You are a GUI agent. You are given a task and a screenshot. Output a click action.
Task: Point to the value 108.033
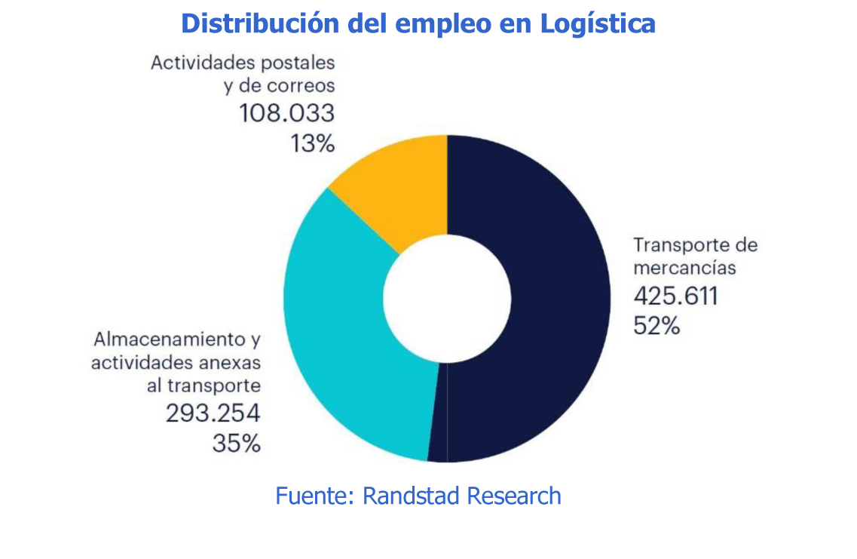pos(286,113)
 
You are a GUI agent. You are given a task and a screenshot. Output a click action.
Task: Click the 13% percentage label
pos(312,143)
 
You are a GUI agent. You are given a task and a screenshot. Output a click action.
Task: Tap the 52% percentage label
pos(657,325)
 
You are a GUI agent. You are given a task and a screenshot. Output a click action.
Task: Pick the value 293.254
pos(213,413)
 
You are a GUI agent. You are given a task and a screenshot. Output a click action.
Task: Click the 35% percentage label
pos(237,443)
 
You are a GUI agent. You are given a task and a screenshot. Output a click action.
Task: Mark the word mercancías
pos(684,267)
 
